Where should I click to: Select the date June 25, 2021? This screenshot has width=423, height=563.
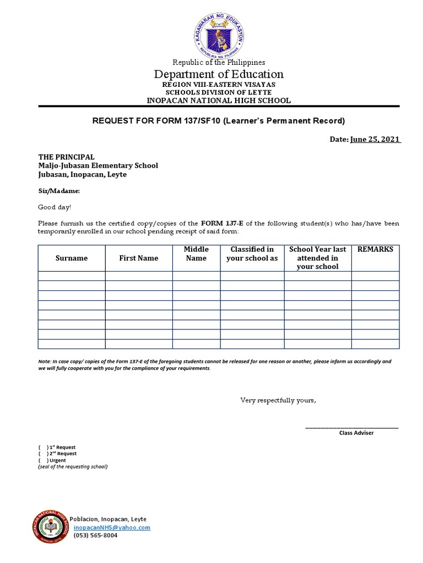pyautogui.click(x=375, y=140)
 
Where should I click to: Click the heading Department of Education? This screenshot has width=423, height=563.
pyautogui.click(x=219, y=74)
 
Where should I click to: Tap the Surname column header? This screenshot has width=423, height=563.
pyautogui.click(x=72, y=258)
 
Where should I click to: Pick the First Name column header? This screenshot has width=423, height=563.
pyautogui.click(x=139, y=258)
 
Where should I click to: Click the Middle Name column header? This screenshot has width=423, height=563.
pyautogui.click(x=196, y=253)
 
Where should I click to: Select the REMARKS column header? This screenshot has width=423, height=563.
pyautogui.click(x=375, y=250)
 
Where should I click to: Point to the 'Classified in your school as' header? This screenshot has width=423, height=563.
pyautogui.click(x=252, y=253)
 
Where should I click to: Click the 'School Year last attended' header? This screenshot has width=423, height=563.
pyautogui.click(x=317, y=258)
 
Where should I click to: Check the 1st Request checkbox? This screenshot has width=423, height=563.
pyautogui.click(x=42, y=448)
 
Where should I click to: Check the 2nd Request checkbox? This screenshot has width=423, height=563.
pyautogui.click(x=42, y=454)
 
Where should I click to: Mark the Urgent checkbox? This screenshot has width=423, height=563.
pyautogui.click(x=42, y=460)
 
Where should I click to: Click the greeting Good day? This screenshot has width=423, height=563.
pyautogui.click(x=54, y=207)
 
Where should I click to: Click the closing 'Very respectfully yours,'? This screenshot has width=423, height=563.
pyautogui.click(x=278, y=400)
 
